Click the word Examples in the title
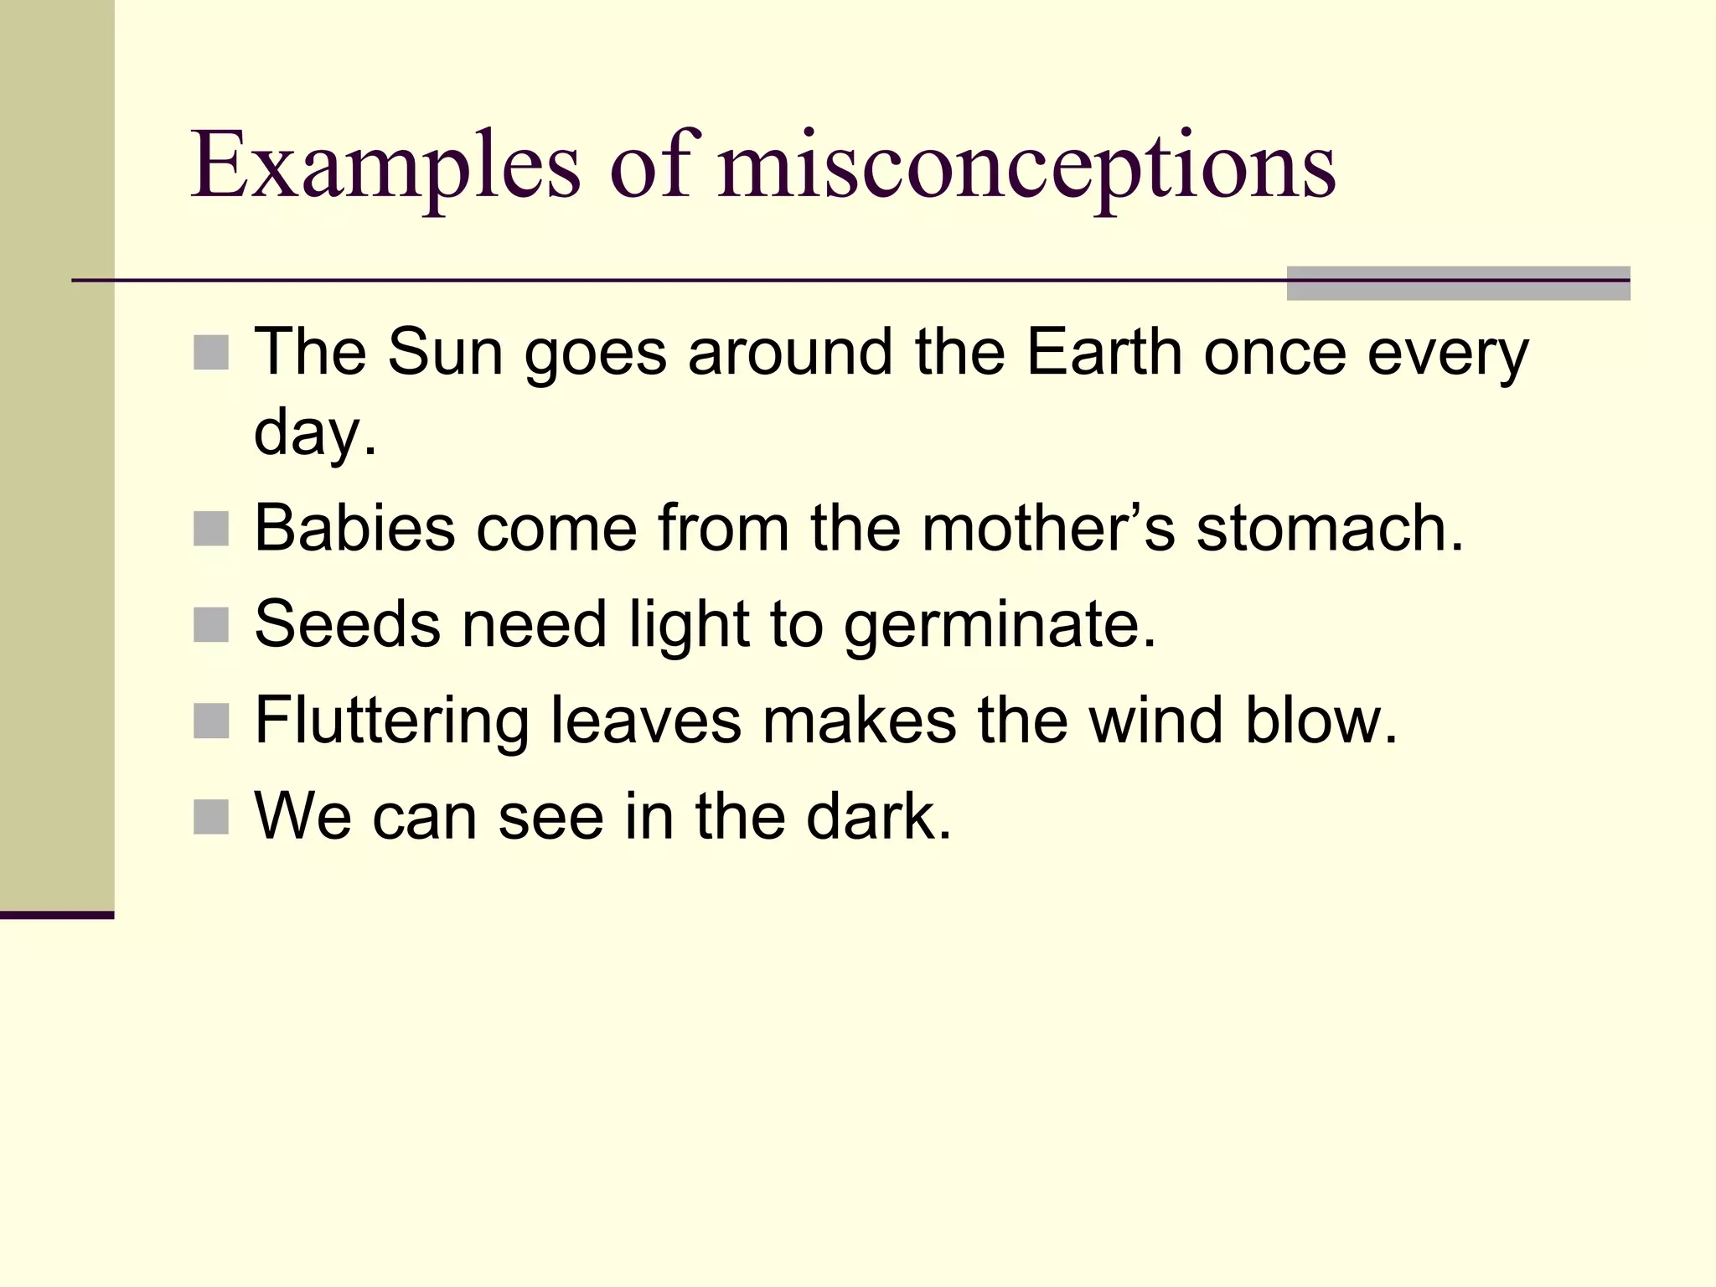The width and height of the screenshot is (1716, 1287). [x=385, y=166]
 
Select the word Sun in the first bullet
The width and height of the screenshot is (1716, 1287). [x=445, y=352]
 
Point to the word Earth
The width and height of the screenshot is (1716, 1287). [x=1104, y=352]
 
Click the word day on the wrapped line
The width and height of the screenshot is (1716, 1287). [x=315, y=434]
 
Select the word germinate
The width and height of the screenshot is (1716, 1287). [x=1000, y=627]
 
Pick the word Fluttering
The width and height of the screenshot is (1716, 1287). [x=391, y=721]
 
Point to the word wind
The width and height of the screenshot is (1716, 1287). [x=1155, y=721]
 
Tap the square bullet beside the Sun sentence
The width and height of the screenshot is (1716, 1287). [x=211, y=353]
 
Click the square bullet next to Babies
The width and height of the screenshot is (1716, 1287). [x=211, y=529]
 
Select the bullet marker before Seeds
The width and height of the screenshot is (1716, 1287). [x=211, y=625]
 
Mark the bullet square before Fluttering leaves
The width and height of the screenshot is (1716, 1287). [x=211, y=721]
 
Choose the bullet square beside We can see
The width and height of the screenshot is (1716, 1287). [x=211, y=817]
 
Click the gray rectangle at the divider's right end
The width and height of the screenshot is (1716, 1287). [x=1458, y=283]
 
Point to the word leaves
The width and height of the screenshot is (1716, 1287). [x=645, y=721]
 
